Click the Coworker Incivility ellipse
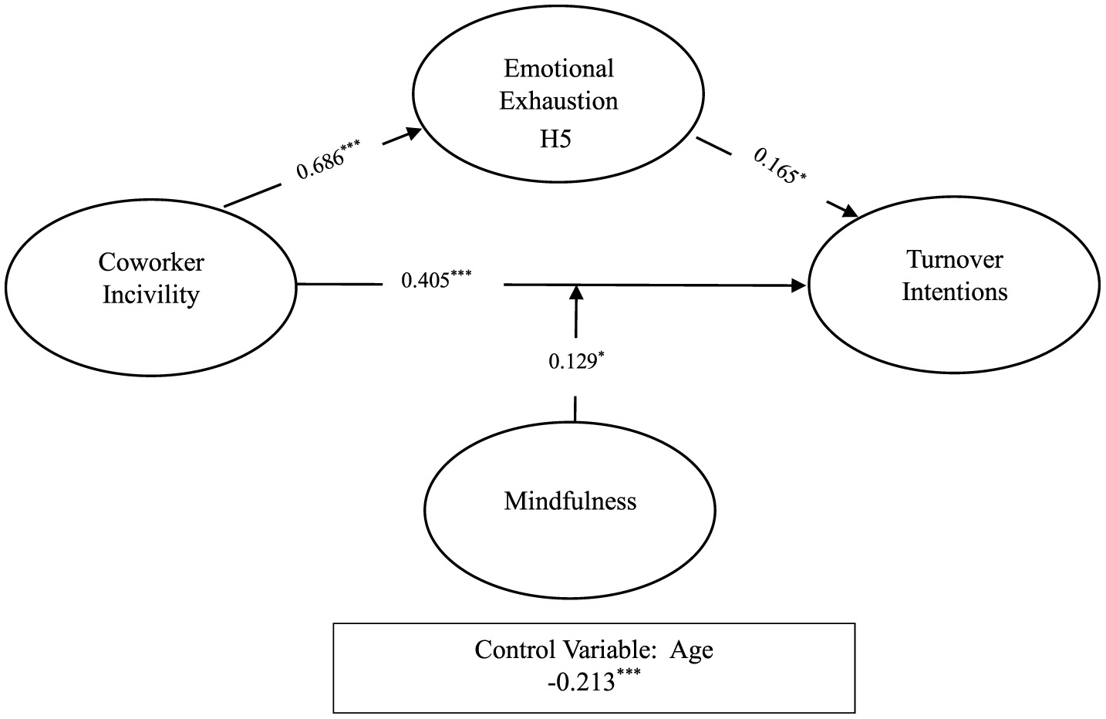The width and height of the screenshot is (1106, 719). point(150,286)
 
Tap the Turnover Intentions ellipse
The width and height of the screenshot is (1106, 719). point(954,283)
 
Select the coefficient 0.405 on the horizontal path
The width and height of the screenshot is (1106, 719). point(427,279)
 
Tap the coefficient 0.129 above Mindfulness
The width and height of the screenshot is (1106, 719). point(572,360)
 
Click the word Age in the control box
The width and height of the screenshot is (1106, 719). point(691,650)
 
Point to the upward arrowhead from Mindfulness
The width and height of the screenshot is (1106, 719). point(575,292)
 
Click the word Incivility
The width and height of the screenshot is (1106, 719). point(151,295)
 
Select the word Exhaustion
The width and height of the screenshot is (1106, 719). point(558,101)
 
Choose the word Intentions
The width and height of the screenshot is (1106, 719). point(955,292)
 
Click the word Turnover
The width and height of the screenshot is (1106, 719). point(955,259)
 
